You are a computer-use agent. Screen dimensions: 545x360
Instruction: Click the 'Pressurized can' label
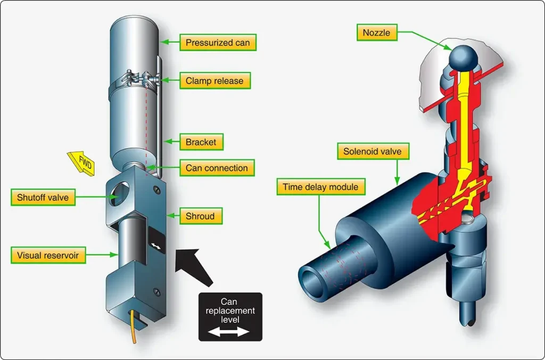[218, 43]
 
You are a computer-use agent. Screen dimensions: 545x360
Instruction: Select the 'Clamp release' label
[215, 81]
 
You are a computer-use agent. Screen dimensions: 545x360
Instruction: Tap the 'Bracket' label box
[201, 142]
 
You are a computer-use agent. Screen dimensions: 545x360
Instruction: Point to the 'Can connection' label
[217, 168]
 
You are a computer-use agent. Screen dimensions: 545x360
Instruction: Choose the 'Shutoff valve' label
[43, 197]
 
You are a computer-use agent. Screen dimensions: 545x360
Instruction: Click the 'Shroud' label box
[201, 216]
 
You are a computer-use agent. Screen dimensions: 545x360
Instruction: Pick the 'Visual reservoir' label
[48, 255]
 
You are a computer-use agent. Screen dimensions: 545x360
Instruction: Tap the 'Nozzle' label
[377, 32]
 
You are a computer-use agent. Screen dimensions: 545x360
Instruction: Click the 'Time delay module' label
[321, 187]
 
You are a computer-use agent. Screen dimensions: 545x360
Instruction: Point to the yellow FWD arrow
[81, 163]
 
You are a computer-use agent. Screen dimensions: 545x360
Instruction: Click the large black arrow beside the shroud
[193, 266]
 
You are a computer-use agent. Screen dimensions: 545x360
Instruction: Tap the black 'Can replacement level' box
[230, 317]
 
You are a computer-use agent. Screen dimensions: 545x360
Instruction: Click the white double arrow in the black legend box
[229, 332]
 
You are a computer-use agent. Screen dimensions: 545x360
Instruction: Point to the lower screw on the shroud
[157, 291]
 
